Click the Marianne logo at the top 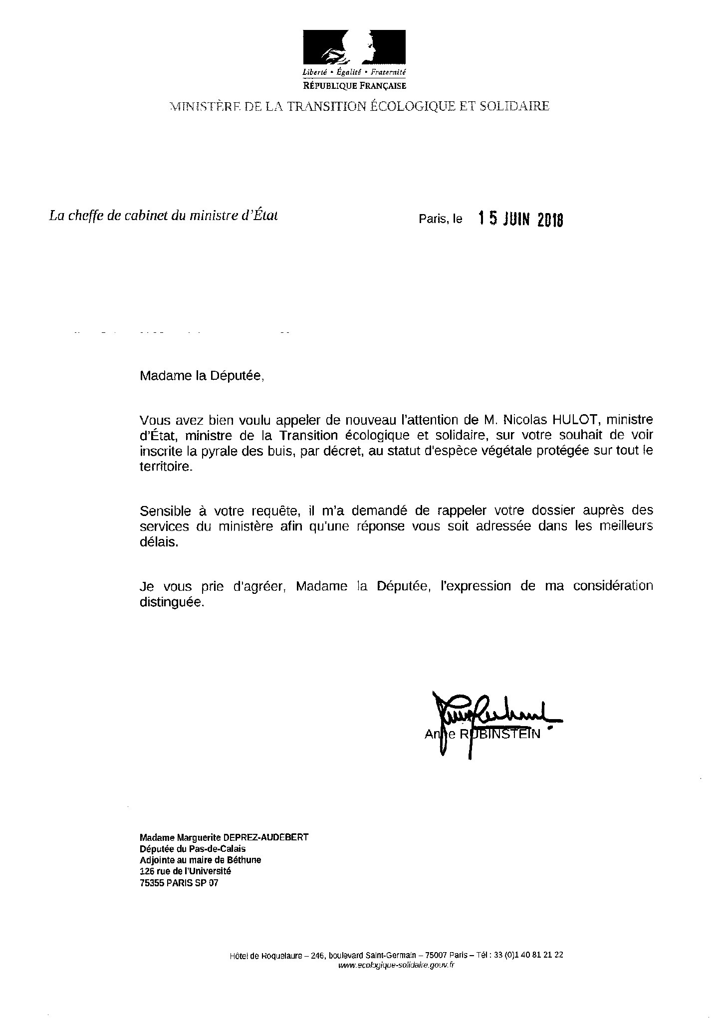(x=354, y=48)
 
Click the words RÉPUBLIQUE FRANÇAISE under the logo (x=354, y=86)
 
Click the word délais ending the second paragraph (x=159, y=542)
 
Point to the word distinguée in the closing (x=172, y=602)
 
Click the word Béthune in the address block (x=243, y=860)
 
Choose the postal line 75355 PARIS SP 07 (x=179, y=883)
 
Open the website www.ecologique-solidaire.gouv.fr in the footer (x=396, y=965)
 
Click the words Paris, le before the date (x=441, y=219)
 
